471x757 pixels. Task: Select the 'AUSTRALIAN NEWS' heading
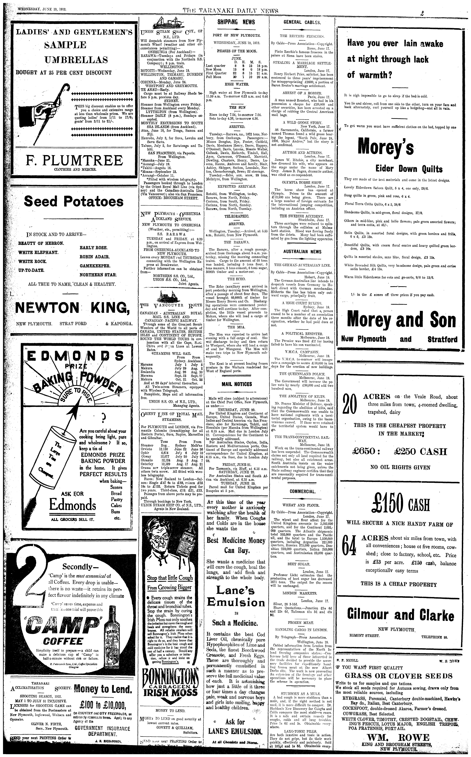[x=302, y=251]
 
